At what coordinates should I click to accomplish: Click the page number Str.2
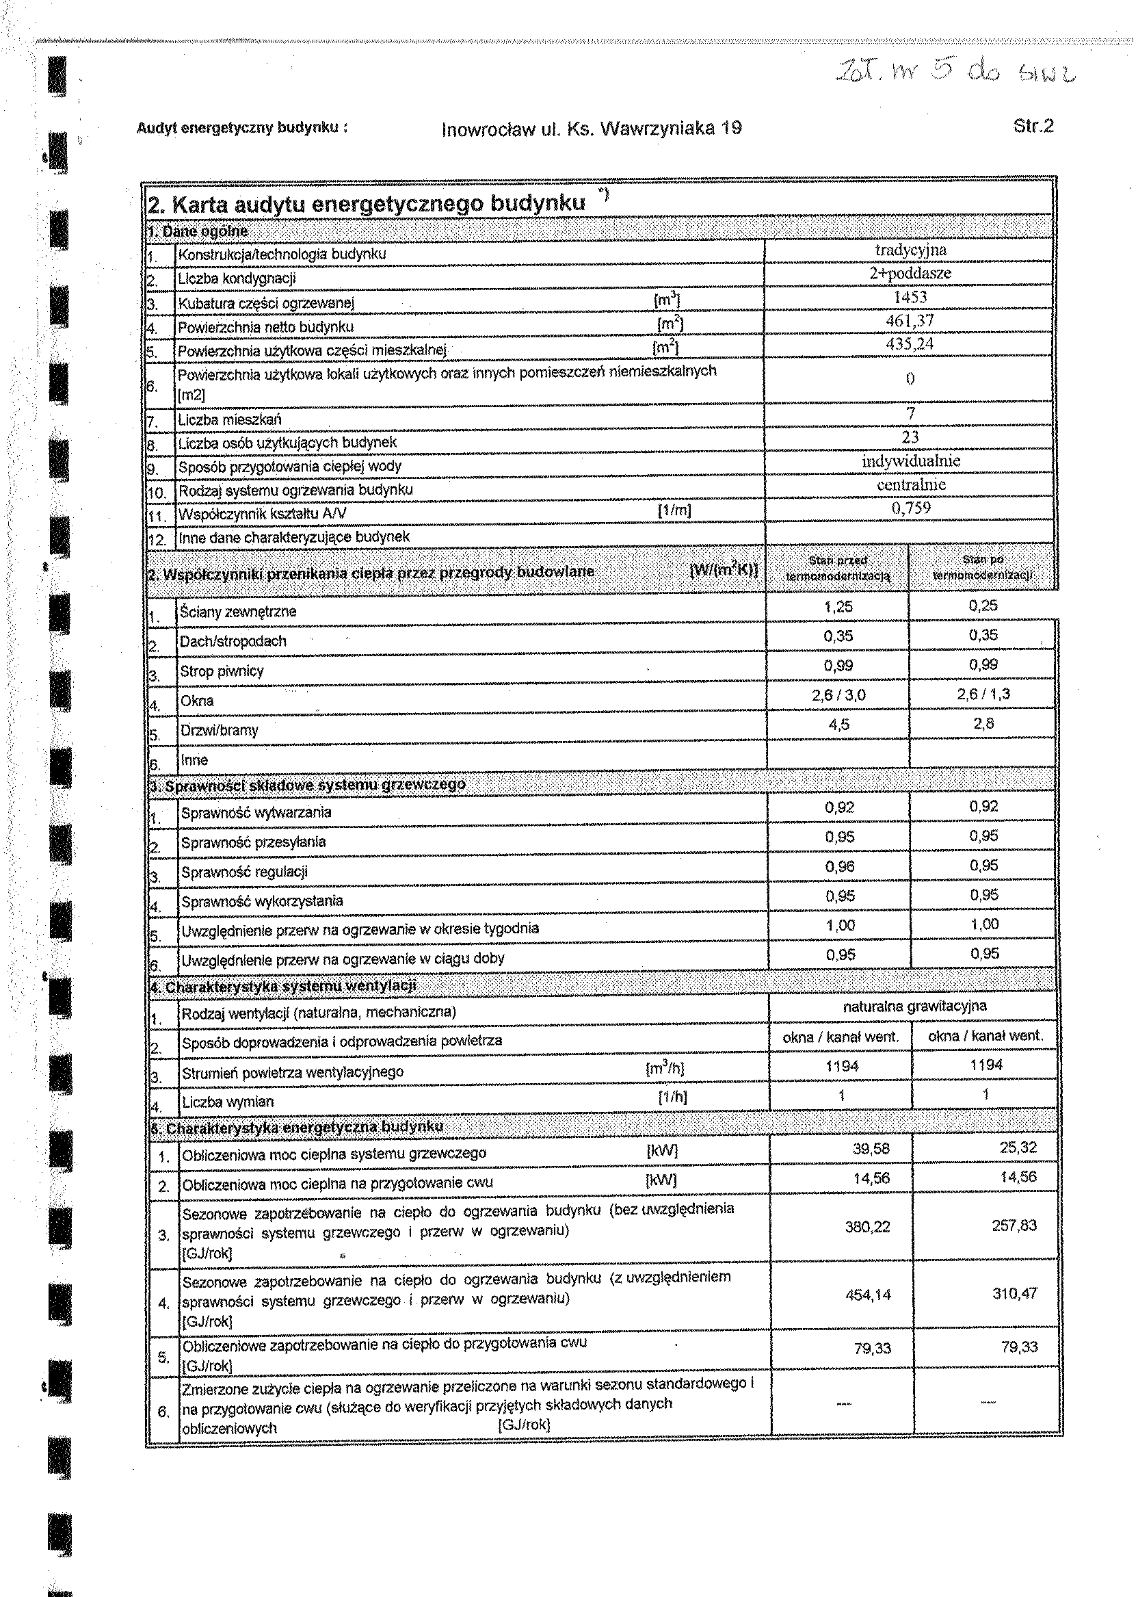point(1033,126)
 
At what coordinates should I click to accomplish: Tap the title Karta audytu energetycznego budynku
point(367,204)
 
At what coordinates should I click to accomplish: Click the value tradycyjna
point(910,250)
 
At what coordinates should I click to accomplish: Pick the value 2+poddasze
point(910,274)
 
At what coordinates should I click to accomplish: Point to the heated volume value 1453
point(910,296)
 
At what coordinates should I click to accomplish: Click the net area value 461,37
point(910,320)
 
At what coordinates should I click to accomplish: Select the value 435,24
point(910,343)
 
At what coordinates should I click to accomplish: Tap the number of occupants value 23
point(910,437)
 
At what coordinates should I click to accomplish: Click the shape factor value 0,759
point(910,508)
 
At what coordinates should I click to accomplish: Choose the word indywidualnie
point(910,460)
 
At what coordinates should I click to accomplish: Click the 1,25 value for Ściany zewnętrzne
point(838,606)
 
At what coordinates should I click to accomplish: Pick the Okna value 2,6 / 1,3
point(983,694)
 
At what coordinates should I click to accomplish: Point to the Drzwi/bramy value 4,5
point(838,724)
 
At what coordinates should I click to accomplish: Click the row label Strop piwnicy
point(222,671)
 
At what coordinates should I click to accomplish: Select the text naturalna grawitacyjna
point(914,1006)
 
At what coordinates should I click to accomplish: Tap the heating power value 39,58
point(871,1148)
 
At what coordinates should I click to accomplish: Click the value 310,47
point(1014,1293)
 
